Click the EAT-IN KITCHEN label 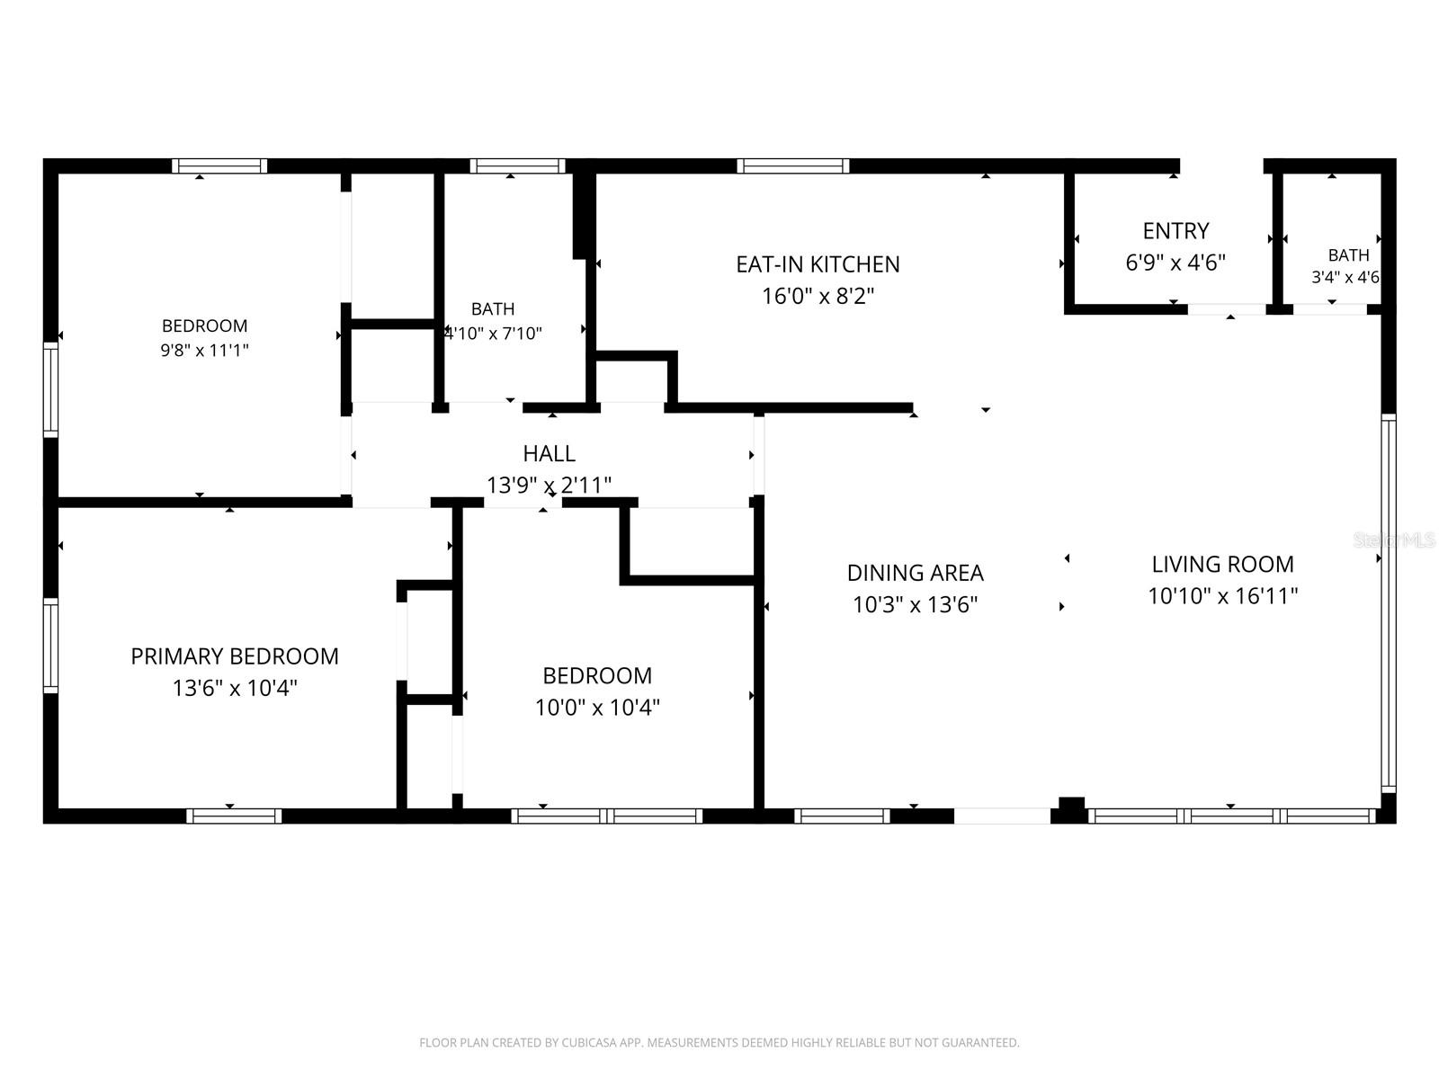click(818, 264)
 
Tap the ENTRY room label click(1175, 230)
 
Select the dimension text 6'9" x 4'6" click(1175, 263)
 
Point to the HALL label click(549, 453)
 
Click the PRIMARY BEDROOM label click(235, 655)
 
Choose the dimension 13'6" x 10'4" click(235, 688)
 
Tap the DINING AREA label click(916, 573)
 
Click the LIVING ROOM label click(1222, 564)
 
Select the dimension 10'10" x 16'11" click(1222, 596)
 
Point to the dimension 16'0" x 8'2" click(818, 296)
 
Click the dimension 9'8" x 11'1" click(204, 350)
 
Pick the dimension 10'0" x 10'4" click(597, 708)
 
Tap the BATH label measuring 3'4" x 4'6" click(1348, 254)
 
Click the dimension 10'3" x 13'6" click(916, 604)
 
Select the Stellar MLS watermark click(1394, 540)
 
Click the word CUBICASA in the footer click(588, 1042)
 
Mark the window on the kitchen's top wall click(792, 166)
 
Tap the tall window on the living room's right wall click(1389, 603)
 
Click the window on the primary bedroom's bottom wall click(234, 816)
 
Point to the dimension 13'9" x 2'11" click(549, 486)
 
